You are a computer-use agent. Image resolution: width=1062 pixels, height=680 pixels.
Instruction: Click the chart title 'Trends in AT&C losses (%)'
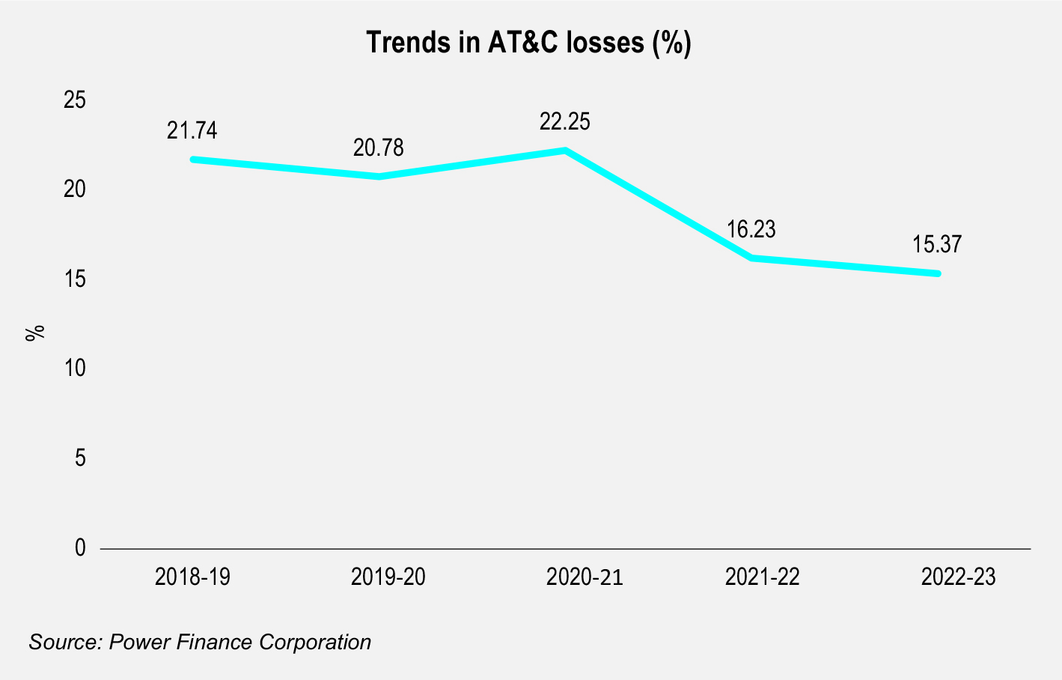tap(528, 43)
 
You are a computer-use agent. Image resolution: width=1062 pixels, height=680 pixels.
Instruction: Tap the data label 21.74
tap(192, 130)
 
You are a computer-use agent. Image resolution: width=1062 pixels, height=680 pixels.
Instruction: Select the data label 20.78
tap(379, 148)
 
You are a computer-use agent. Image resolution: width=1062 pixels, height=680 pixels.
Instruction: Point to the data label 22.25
tap(564, 121)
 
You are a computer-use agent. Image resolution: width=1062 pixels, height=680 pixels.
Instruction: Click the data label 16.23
tap(751, 229)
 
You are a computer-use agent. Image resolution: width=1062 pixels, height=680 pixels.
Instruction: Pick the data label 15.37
tap(937, 244)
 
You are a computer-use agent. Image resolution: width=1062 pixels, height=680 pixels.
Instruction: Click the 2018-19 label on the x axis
tap(192, 577)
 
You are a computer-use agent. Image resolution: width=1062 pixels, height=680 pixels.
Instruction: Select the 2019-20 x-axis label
tap(388, 577)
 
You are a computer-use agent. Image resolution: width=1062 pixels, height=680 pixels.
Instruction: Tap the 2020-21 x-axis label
tap(585, 577)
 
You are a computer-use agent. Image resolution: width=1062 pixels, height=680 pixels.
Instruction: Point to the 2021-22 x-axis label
tap(763, 577)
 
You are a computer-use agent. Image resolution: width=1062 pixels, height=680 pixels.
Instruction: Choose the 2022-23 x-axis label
tap(958, 577)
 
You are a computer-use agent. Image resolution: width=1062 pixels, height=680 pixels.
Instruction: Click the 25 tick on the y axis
tap(74, 100)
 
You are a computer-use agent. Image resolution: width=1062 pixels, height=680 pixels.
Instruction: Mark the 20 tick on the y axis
tap(74, 189)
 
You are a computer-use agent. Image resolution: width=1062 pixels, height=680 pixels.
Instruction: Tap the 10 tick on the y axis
tap(74, 368)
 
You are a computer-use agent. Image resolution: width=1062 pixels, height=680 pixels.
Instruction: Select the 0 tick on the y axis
tap(80, 547)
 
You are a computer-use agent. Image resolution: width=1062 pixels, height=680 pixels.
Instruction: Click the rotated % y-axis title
tap(34, 333)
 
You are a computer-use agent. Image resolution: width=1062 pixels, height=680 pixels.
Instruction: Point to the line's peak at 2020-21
tap(564, 151)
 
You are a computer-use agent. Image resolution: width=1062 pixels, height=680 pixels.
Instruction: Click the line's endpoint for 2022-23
tap(937, 273)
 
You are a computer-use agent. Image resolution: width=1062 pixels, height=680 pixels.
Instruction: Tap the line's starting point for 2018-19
tap(192, 160)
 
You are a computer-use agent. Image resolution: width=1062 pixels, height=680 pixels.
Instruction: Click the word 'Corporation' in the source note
tap(315, 643)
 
